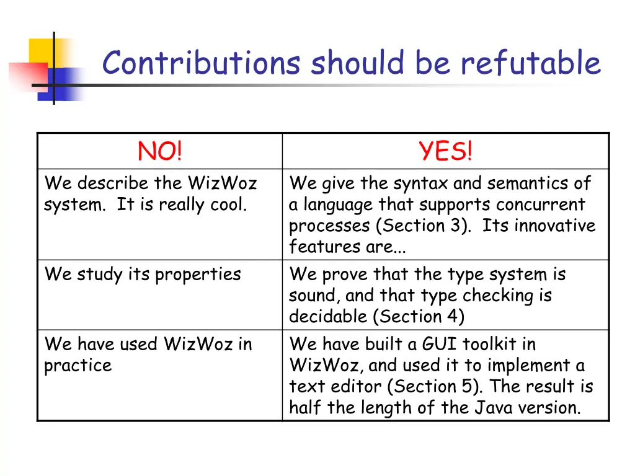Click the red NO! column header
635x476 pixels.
coord(160,151)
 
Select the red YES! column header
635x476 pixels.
coord(445,151)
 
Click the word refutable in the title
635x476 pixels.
coord(531,63)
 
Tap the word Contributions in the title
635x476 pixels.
coord(202,63)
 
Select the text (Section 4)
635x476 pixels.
coord(418,316)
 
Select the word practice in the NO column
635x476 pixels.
coord(78,366)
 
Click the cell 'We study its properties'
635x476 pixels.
coord(143,274)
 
